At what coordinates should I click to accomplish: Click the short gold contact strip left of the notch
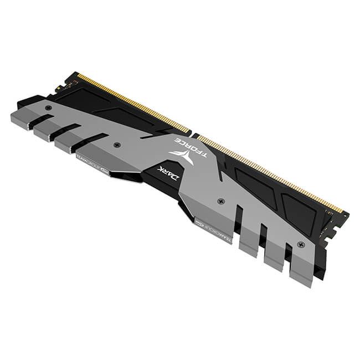133,103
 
